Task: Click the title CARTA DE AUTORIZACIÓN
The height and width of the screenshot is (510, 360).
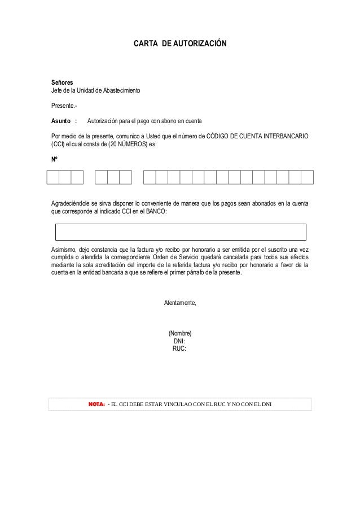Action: pos(180,43)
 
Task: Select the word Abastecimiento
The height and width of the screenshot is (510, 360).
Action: pos(124,91)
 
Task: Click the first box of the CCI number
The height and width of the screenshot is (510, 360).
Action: pos(52,177)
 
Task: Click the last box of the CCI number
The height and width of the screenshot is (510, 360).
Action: pos(307,177)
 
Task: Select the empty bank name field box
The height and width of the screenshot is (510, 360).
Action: pos(180,232)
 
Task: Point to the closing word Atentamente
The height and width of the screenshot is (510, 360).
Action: pos(180,303)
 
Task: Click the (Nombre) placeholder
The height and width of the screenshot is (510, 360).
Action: pos(180,333)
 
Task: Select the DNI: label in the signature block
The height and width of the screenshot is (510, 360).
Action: pos(179,341)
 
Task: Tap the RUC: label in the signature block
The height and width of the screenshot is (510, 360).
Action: pos(179,348)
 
